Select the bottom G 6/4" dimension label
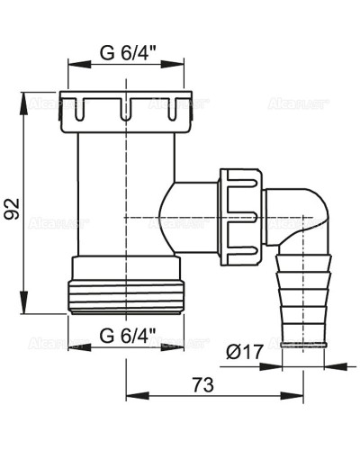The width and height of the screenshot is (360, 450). point(126,337)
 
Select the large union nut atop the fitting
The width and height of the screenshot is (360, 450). point(126,105)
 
